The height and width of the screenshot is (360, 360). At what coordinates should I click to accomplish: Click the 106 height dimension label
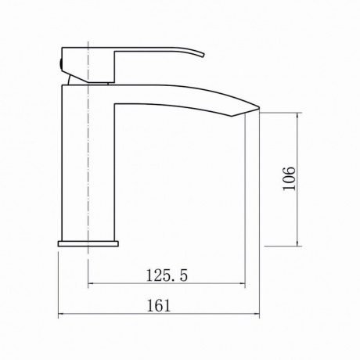[x=290, y=178]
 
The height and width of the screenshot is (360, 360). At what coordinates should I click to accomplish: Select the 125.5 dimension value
[x=167, y=275]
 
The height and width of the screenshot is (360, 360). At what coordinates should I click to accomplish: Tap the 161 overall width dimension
[x=159, y=305]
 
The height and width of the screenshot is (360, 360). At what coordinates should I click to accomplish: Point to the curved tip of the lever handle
[x=203, y=55]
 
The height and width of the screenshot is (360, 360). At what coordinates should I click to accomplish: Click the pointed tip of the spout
[x=259, y=107]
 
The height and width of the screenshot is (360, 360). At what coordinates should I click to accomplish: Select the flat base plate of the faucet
[x=88, y=243]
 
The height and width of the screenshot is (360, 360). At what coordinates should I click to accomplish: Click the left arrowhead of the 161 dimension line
[x=60, y=315]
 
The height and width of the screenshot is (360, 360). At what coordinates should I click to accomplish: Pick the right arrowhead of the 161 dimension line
[x=257, y=315]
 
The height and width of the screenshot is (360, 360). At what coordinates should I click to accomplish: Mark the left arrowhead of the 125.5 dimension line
[x=91, y=283]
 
